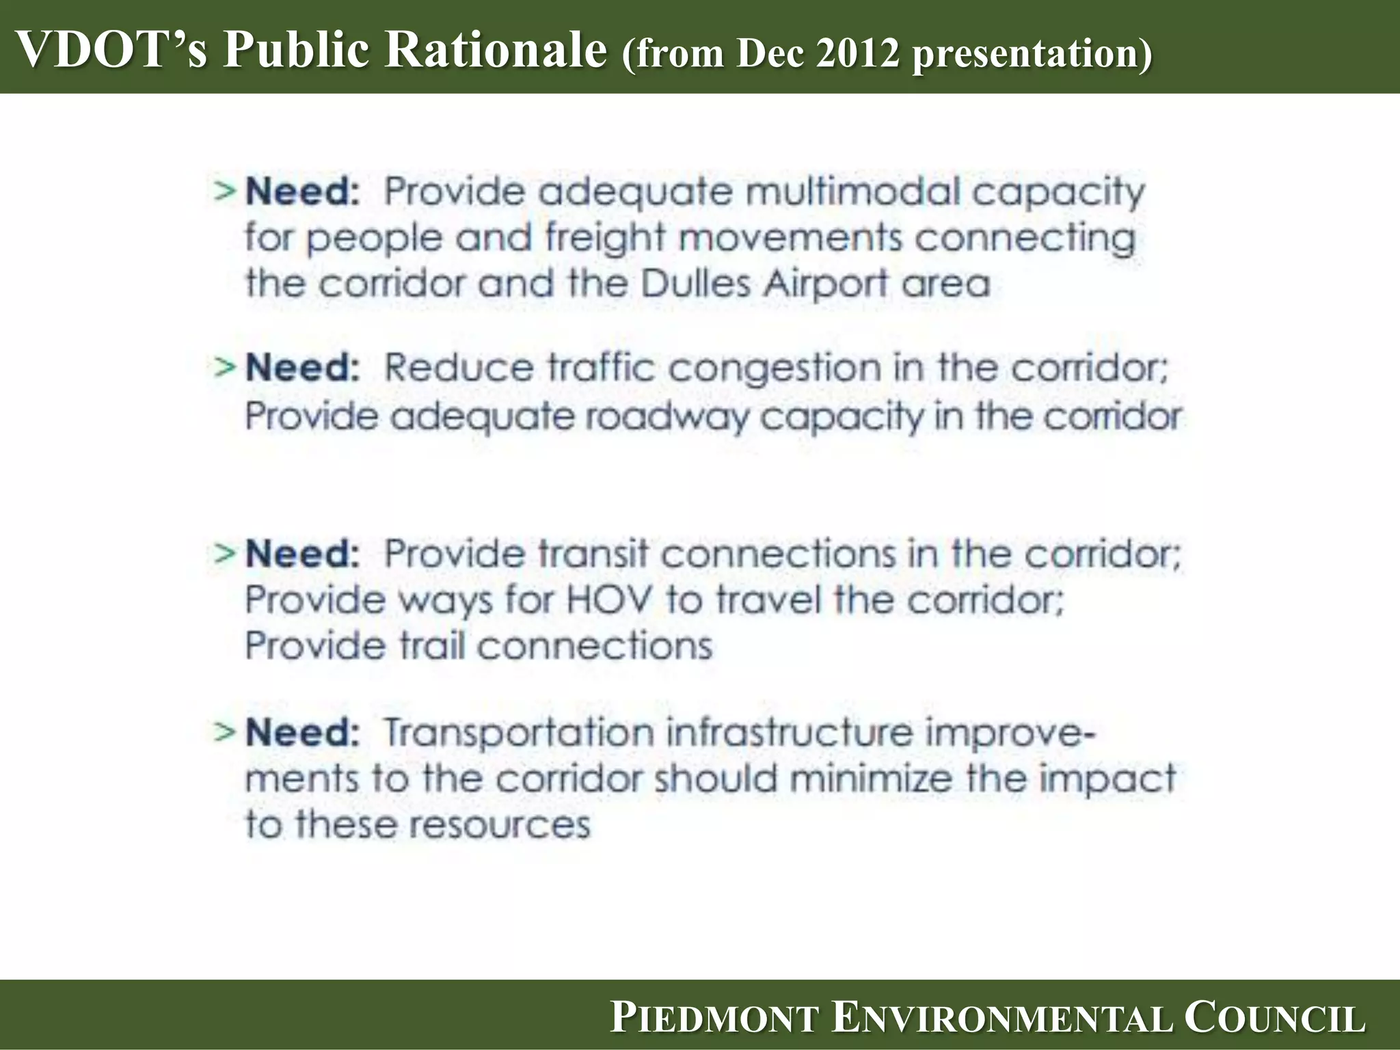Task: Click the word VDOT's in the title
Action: (109, 49)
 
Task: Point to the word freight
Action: (604, 238)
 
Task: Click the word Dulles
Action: (696, 284)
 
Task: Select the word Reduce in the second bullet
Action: (458, 368)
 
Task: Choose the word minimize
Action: (871, 778)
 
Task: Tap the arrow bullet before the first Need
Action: (225, 191)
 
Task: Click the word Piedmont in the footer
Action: (714, 1019)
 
